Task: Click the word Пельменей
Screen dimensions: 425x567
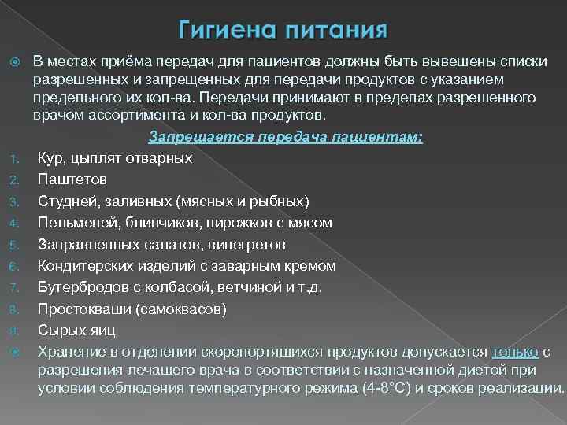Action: pyautogui.click(x=76, y=223)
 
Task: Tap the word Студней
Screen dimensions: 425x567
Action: pyautogui.click(x=67, y=201)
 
